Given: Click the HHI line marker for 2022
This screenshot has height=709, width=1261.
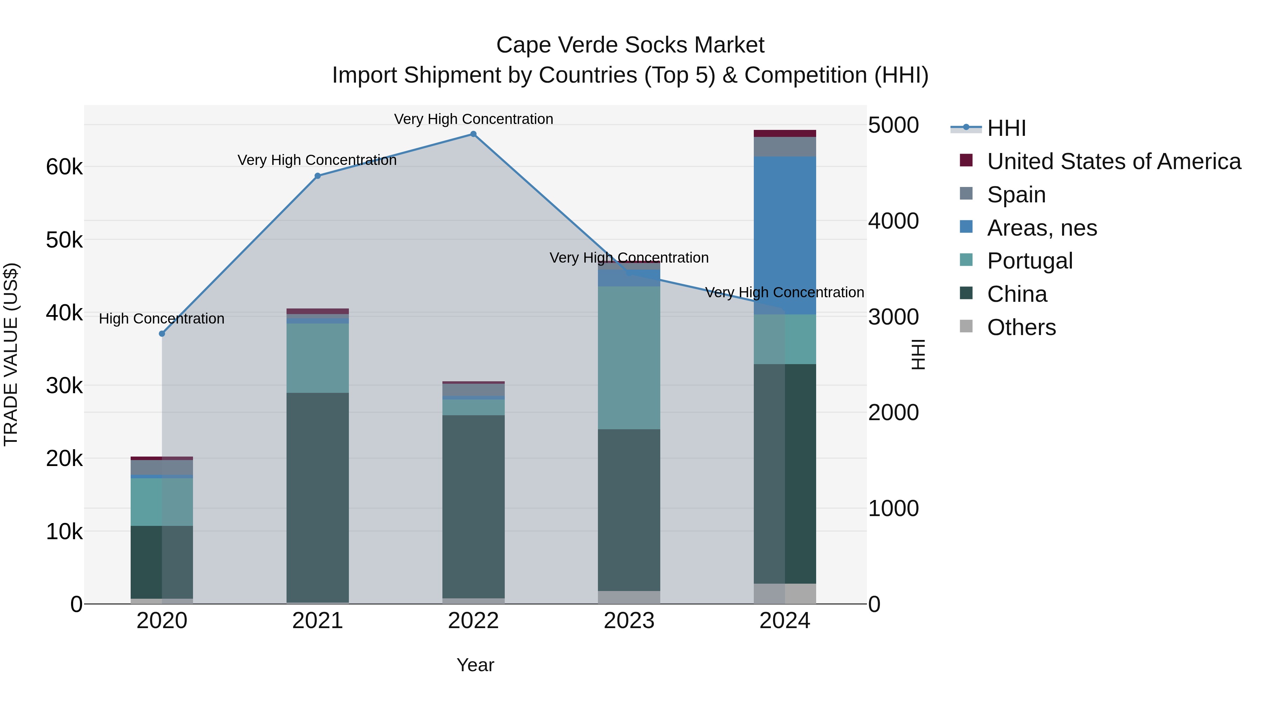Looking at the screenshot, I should click(473, 134).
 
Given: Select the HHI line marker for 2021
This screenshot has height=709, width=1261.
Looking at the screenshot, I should click(317, 176).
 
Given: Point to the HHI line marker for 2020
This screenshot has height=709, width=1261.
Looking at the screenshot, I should click(162, 334).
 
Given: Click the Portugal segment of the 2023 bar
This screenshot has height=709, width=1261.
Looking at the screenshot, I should click(629, 357).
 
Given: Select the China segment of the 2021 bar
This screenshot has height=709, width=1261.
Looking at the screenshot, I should click(317, 496).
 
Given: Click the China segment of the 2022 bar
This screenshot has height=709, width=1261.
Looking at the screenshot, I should click(473, 506).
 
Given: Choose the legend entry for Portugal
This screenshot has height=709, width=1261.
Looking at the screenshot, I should click(1029, 261).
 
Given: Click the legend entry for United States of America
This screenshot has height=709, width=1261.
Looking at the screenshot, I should click(1114, 161).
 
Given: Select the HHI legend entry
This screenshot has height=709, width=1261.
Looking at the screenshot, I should click(1006, 128).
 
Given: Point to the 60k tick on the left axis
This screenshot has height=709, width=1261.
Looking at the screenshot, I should click(64, 167).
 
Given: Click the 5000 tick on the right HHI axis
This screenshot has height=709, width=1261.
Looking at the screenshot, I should click(893, 125).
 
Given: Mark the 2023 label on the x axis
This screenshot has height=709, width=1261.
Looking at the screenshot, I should click(629, 621).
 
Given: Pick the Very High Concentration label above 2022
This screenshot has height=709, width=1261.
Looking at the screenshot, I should click(473, 119).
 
